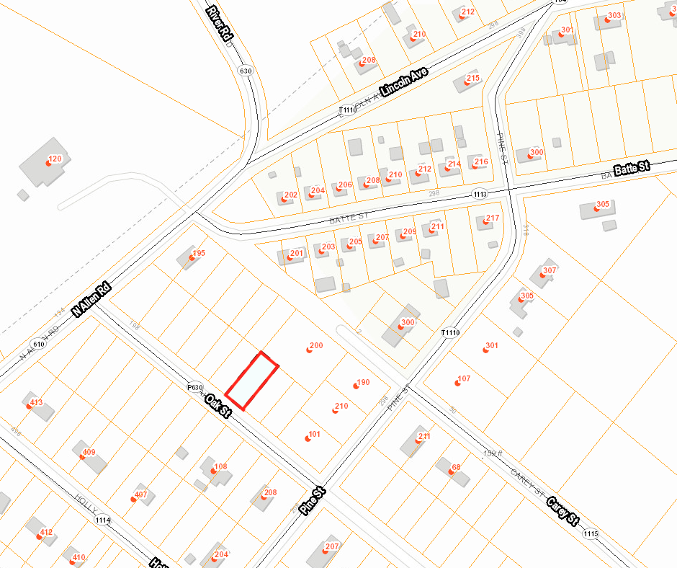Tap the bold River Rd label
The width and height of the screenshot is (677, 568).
220,23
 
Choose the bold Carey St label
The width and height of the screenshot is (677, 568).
562,511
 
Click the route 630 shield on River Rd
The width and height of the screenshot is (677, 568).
246,71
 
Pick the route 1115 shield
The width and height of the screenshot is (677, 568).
591,534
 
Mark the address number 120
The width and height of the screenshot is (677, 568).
55,159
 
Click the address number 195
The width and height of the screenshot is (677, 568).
198,253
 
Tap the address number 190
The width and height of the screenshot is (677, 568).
362,383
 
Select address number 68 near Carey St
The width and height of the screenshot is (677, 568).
455,468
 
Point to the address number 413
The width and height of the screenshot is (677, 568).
36,402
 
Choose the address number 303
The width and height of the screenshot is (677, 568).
614,16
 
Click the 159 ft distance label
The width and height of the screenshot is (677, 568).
493,453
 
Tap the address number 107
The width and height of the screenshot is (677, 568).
463,378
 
